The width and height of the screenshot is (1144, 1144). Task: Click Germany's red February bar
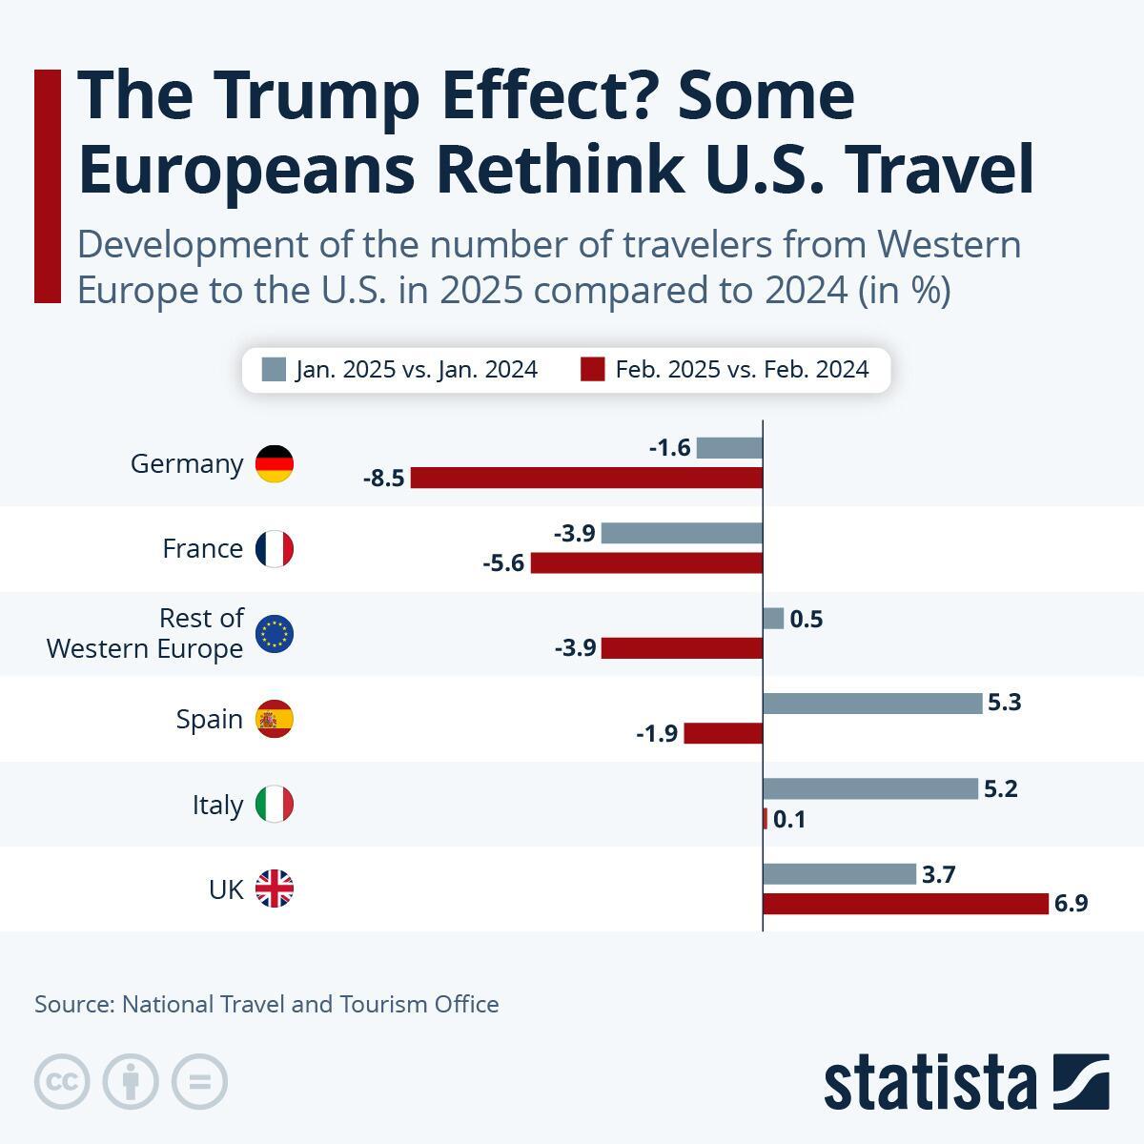pos(586,478)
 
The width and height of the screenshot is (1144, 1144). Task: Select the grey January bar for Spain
pos(871,704)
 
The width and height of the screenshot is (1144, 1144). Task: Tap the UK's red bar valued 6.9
pos(906,904)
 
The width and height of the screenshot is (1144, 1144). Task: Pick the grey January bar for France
pos(682,533)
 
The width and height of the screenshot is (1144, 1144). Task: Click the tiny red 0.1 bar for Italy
pos(765,819)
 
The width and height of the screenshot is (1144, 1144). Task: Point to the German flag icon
pos(275,463)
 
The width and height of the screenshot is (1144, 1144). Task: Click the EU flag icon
pos(275,634)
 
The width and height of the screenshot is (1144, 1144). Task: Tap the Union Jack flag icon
pos(275,889)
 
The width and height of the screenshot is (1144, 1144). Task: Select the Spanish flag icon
pos(275,719)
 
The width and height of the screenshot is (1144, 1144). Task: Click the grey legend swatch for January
pos(274,369)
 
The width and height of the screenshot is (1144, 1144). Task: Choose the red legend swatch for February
pos(593,369)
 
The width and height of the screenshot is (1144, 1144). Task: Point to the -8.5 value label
pos(384,479)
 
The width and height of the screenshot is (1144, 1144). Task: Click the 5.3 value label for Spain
pos(1005,704)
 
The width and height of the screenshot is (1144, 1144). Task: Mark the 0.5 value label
pos(807,620)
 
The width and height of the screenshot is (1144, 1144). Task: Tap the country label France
pos(202,549)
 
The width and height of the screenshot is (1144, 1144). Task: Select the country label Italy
pos(217,805)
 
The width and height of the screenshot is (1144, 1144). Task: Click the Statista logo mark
pos(1080,1082)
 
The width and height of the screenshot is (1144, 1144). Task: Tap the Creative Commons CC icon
pos(62,1082)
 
